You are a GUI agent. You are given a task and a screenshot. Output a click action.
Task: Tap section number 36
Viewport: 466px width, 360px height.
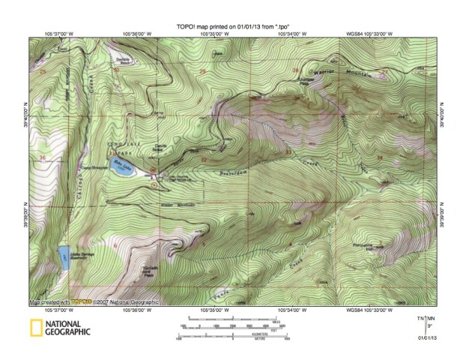coord(43,157)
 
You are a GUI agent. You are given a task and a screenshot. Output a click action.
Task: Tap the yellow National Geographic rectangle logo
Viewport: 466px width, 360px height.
coord(35,326)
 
